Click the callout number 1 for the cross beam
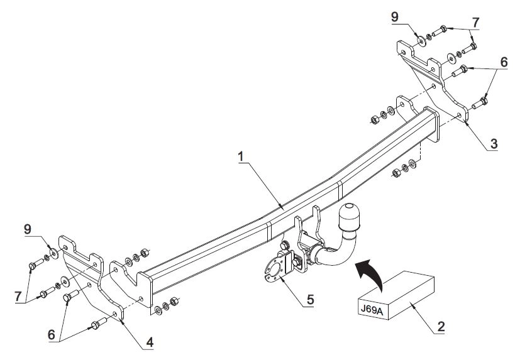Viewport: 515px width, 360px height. [241, 156]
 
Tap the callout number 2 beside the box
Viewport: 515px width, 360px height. [441, 326]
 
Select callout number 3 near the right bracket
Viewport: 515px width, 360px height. [494, 143]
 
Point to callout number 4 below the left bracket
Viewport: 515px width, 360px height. [150, 342]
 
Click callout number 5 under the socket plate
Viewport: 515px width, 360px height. [311, 299]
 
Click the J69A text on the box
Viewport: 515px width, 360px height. [372, 310]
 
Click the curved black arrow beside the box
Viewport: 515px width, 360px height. [370, 273]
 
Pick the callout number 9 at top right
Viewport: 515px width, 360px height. [395, 17]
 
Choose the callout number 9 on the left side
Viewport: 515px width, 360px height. [28, 229]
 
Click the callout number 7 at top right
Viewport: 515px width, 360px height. [475, 23]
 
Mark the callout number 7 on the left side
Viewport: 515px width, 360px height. [18, 297]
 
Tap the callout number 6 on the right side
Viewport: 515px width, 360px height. [504, 62]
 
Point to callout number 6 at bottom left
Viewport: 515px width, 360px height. [52, 335]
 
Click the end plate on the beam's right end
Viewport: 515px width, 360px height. [431, 124]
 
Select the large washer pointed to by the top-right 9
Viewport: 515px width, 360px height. [421, 41]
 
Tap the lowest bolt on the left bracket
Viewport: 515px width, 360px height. [99, 323]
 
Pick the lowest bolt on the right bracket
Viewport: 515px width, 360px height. [480, 103]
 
